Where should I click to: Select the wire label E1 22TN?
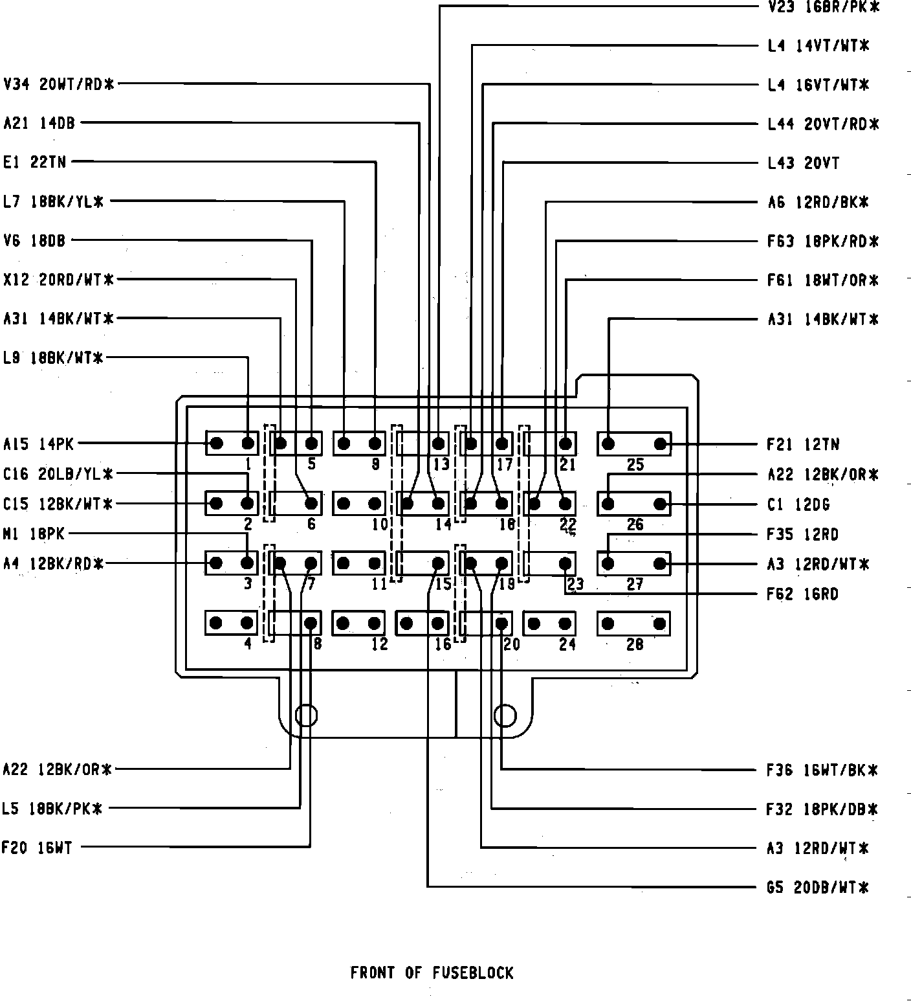(x=35, y=162)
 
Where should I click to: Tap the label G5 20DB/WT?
(x=817, y=887)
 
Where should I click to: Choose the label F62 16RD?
(x=802, y=594)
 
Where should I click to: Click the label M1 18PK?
(x=34, y=534)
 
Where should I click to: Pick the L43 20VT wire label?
(x=803, y=163)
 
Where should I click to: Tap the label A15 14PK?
(x=38, y=444)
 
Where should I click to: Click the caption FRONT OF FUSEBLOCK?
(x=432, y=973)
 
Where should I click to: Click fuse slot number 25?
(x=633, y=444)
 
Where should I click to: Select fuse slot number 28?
(x=633, y=624)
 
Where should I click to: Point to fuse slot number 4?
(x=232, y=624)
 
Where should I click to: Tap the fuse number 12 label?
(x=379, y=644)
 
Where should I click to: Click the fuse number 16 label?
(x=443, y=644)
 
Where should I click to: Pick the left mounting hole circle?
(x=306, y=715)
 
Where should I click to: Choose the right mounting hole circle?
(x=505, y=715)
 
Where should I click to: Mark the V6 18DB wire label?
(x=34, y=241)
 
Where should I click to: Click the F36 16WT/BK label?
(x=822, y=770)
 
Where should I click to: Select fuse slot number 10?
(x=359, y=504)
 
